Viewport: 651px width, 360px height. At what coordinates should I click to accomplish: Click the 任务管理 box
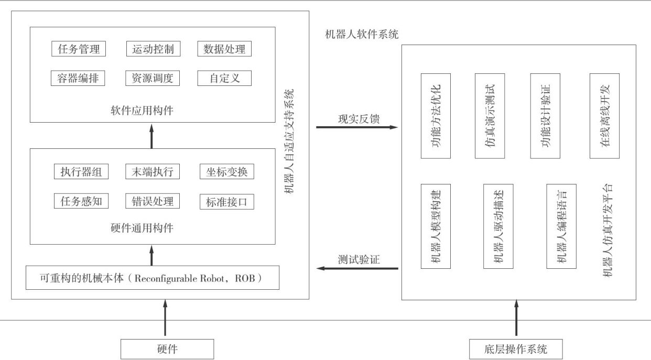click(79, 49)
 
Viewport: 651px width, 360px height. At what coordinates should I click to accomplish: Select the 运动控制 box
click(153, 49)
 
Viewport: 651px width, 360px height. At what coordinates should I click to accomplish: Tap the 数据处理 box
click(224, 49)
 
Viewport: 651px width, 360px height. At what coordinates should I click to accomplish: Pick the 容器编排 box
click(79, 78)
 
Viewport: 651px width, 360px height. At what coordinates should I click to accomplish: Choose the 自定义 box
click(224, 78)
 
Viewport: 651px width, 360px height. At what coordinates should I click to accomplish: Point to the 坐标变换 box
click(227, 171)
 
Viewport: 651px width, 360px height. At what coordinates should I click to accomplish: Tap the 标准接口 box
click(227, 202)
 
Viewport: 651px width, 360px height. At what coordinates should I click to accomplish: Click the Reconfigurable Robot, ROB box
click(153, 278)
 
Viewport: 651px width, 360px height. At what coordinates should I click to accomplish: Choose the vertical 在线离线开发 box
click(604, 116)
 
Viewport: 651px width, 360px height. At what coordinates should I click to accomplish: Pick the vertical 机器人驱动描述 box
click(498, 226)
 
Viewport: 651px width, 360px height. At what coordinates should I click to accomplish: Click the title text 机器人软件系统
click(362, 35)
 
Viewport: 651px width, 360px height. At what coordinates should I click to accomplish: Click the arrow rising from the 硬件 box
click(166, 318)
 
